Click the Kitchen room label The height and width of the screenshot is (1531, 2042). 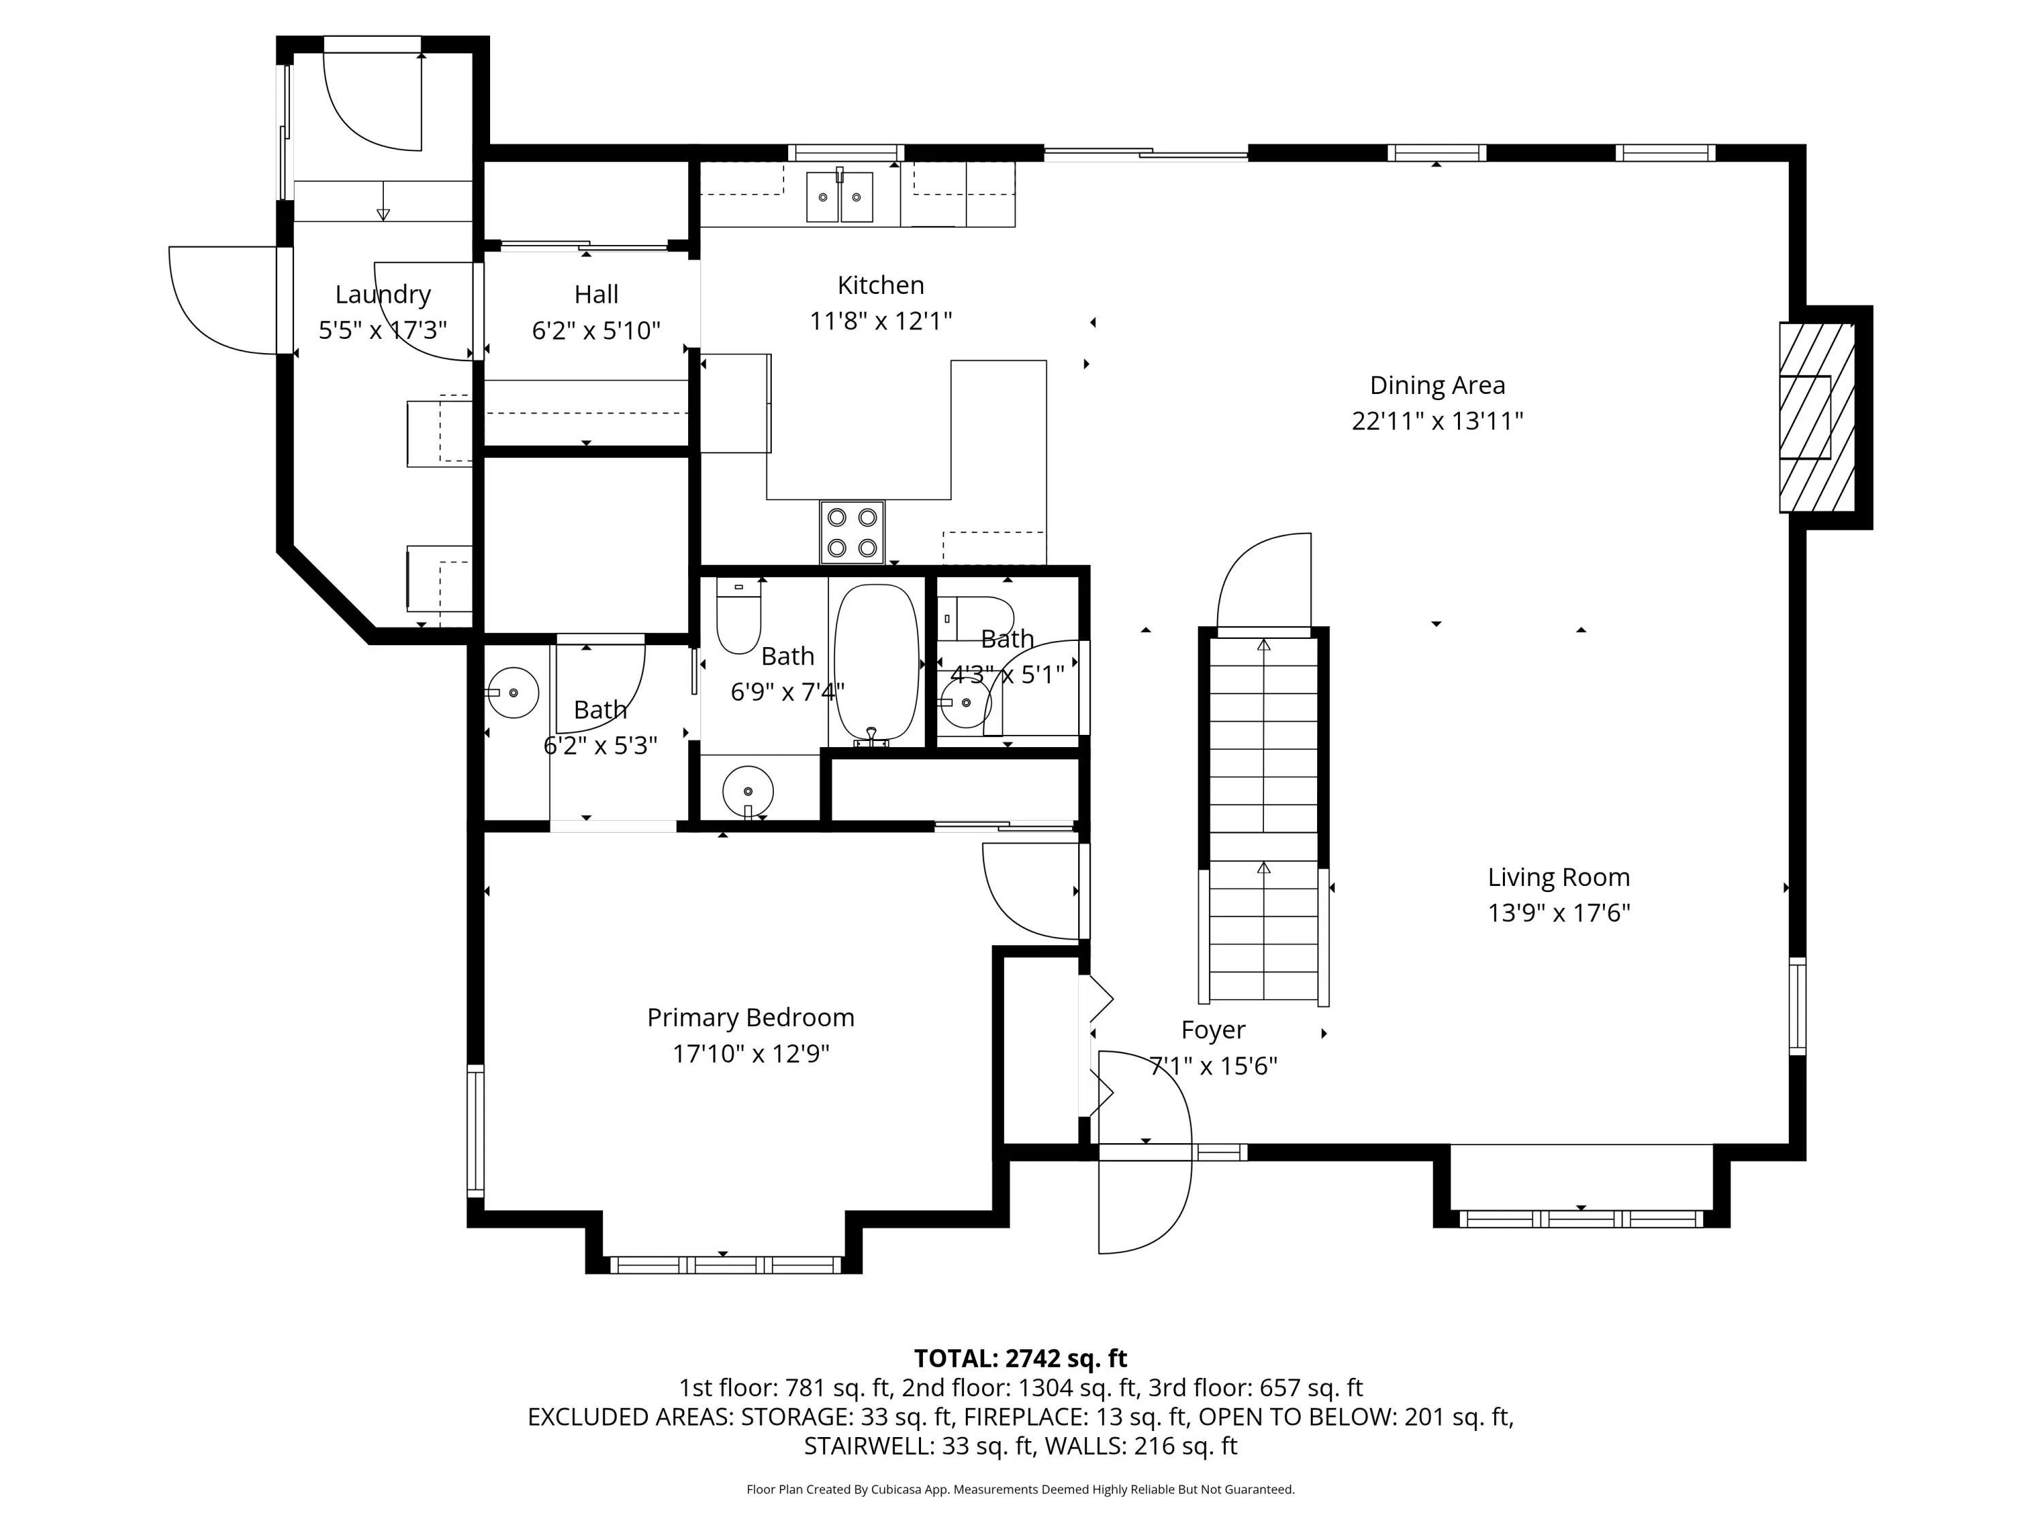click(x=881, y=285)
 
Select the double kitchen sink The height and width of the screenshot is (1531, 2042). click(x=840, y=197)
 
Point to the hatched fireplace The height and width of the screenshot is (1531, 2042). click(x=1817, y=417)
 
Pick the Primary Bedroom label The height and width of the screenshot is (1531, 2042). click(x=751, y=1018)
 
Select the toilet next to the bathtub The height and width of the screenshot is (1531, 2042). click(x=739, y=616)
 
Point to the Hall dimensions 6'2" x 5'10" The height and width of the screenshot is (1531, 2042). click(x=596, y=331)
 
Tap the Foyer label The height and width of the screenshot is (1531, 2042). click(x=1213, y=1030)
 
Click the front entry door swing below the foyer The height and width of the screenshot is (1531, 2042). click(x=1145, y=1200)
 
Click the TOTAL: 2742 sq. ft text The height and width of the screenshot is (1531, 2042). click(x=1020, y=1358)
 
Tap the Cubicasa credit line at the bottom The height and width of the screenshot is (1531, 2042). click(x=1020, y=1489)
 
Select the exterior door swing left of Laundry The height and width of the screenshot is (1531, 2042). click(x=223, y=300)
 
